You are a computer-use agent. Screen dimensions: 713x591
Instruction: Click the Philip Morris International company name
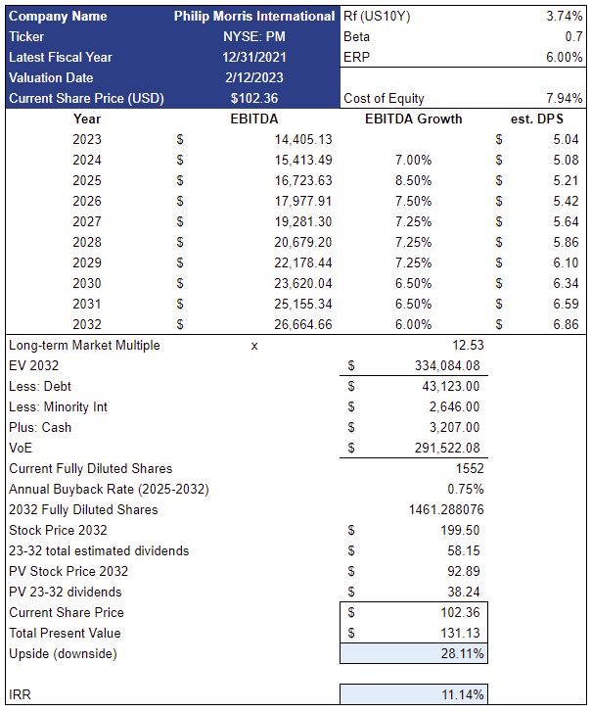pos(254,16)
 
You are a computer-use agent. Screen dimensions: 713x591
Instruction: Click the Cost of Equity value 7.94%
pos(562,98)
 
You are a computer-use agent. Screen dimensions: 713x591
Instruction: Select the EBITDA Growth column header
pos(413,119)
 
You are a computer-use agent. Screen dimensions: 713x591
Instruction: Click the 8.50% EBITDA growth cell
pos(412,180)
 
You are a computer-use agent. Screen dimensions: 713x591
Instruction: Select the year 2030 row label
pos(87,283)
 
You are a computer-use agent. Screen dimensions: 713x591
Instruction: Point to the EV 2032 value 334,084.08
pos(444,365)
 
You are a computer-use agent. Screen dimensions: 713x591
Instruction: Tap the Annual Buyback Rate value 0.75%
pos(465,489)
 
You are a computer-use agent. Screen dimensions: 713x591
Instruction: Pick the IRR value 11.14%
pos(463,694)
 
